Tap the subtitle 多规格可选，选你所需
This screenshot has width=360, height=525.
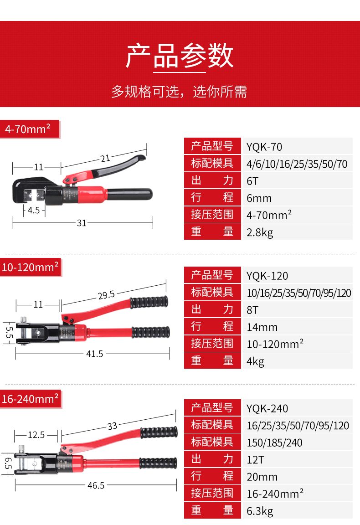[x=180, y=92]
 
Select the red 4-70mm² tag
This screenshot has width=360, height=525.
[x=28, y=129]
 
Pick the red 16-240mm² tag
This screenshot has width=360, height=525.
[x=30, y=399]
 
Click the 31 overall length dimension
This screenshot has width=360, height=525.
[x=82, y=223]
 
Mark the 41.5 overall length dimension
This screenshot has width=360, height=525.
[x=94, y=353]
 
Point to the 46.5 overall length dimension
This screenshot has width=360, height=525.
[x=96, y=485]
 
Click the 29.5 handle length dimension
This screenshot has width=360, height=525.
[x=106, y=295]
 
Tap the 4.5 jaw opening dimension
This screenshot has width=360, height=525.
[x=34, y=210]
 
